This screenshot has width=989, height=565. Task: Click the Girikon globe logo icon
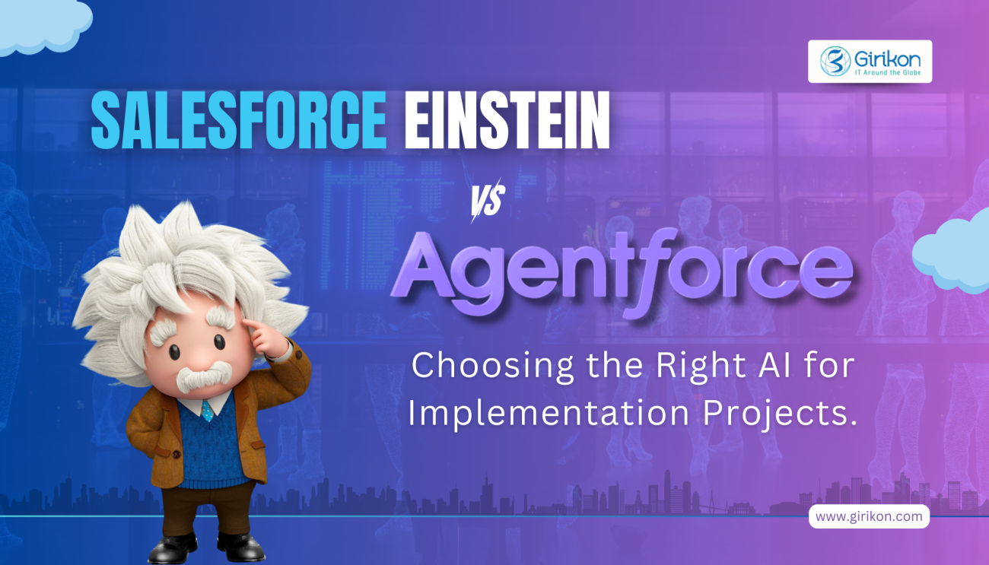tap(835, 61)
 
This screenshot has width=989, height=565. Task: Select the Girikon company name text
tap(886, 55)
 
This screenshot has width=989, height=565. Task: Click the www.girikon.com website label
tap(868, 516)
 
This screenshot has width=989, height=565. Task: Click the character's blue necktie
tap(207, 411)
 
